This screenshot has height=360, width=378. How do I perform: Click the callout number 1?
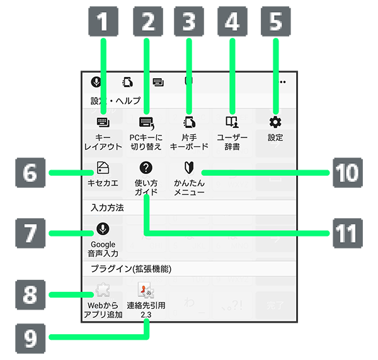[x=103, y=23]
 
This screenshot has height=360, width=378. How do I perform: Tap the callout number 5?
[x=275, y=23]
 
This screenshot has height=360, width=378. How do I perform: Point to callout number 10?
[x=347, y=172]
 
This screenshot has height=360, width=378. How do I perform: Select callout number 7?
[x=31, y=234]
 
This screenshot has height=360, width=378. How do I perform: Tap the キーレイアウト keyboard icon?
[x=103, y=122]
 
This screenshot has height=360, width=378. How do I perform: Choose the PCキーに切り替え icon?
[x=146, y=122]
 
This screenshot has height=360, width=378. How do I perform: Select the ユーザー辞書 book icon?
[x=232, y=122]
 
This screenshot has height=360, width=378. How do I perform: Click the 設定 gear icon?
[x=275, y=122]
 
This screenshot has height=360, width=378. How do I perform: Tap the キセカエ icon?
[x=103, y=168]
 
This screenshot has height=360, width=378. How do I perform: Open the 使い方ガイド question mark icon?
[x=146, y=168]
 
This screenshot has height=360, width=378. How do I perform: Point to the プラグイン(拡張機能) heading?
[x=132, y=269]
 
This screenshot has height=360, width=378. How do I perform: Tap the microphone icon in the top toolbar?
[x=96, y=82]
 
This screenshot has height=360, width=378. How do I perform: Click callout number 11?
[x=347, y=234]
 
